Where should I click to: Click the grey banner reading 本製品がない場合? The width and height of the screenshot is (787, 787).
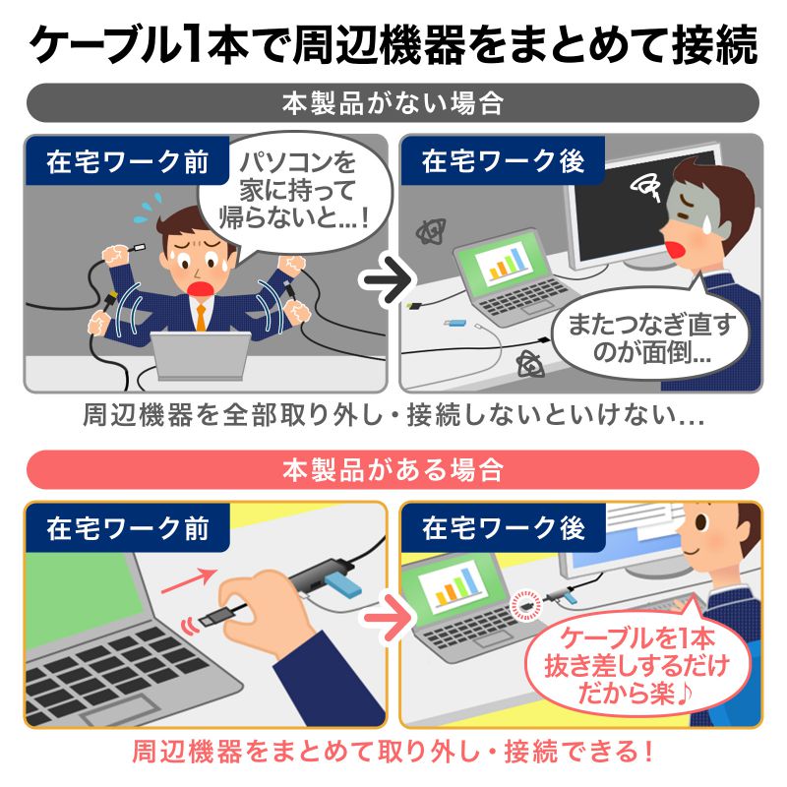(393, 102)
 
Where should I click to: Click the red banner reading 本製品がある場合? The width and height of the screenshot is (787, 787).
(393, 469)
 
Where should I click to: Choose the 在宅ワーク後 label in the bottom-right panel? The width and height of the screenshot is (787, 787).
(503, 528)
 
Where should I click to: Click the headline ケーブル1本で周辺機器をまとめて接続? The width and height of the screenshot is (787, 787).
(393, 43)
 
